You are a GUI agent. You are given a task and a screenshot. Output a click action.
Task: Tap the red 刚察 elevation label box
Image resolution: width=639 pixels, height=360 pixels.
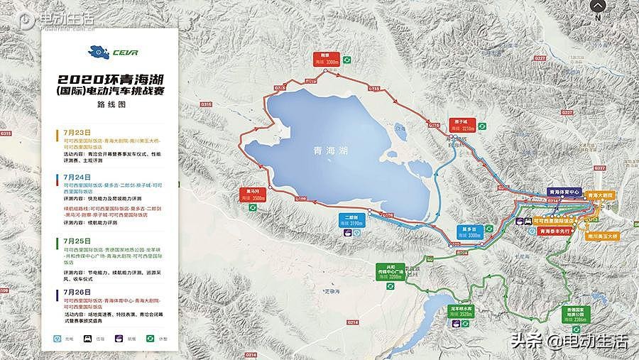(x=325, y=59)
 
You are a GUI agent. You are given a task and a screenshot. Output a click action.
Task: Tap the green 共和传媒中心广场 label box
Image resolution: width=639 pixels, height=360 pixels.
(x=390, y=271)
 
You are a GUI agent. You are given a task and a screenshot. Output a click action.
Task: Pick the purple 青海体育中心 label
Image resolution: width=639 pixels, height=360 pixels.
(x=565, y=192)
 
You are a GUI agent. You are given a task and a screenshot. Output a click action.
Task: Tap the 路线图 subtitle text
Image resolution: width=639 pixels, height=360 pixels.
(x=110, y=103)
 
